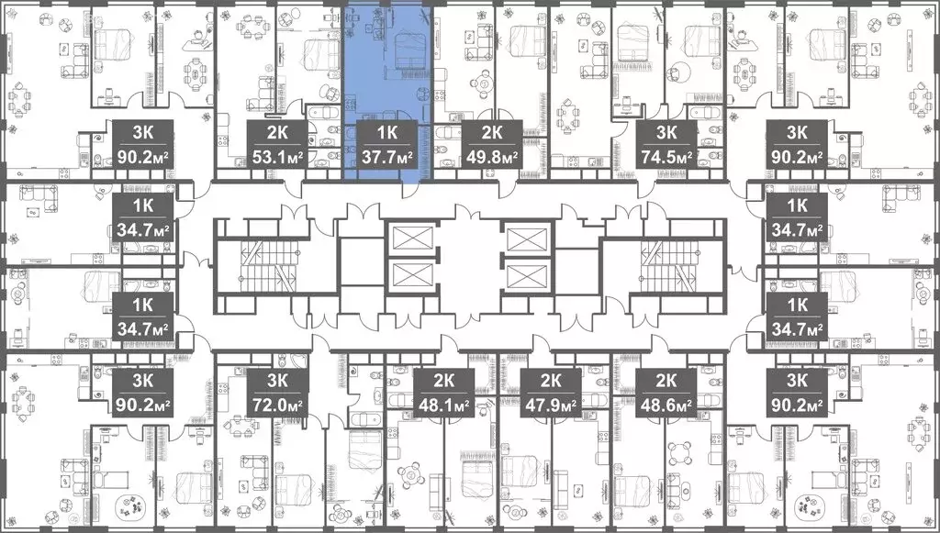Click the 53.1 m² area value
pos(277,156)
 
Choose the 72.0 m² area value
pos(277,402)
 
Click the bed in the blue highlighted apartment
pos(405,50)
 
